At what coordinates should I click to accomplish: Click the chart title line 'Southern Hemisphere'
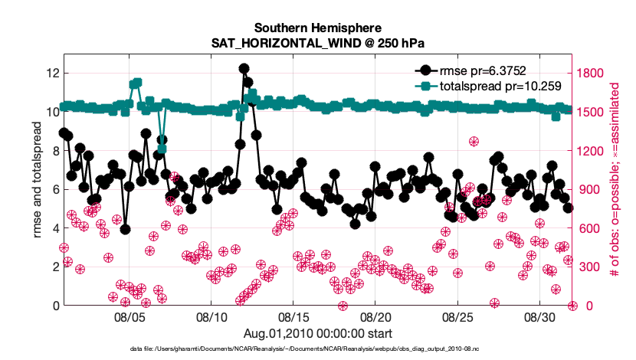[317, 27]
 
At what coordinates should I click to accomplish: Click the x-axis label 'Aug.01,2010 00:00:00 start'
[317, 333]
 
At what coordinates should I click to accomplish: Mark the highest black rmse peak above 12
[244, 69]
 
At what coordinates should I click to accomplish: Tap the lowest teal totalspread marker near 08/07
[162, 148]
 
